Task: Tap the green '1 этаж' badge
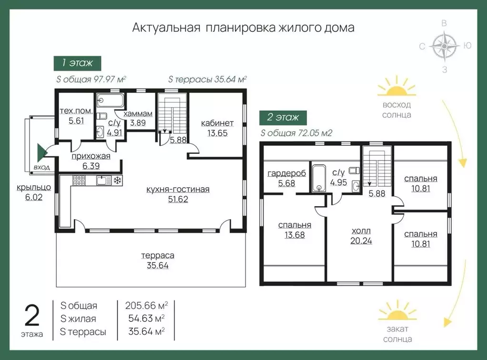77,62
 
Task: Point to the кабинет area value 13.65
217,133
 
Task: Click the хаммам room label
138,114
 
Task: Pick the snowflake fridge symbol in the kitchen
117,180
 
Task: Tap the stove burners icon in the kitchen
79,180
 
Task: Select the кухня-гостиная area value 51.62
178,199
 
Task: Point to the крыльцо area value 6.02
29,197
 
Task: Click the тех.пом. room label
76,111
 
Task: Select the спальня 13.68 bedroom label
295,225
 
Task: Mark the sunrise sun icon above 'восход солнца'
396,89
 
